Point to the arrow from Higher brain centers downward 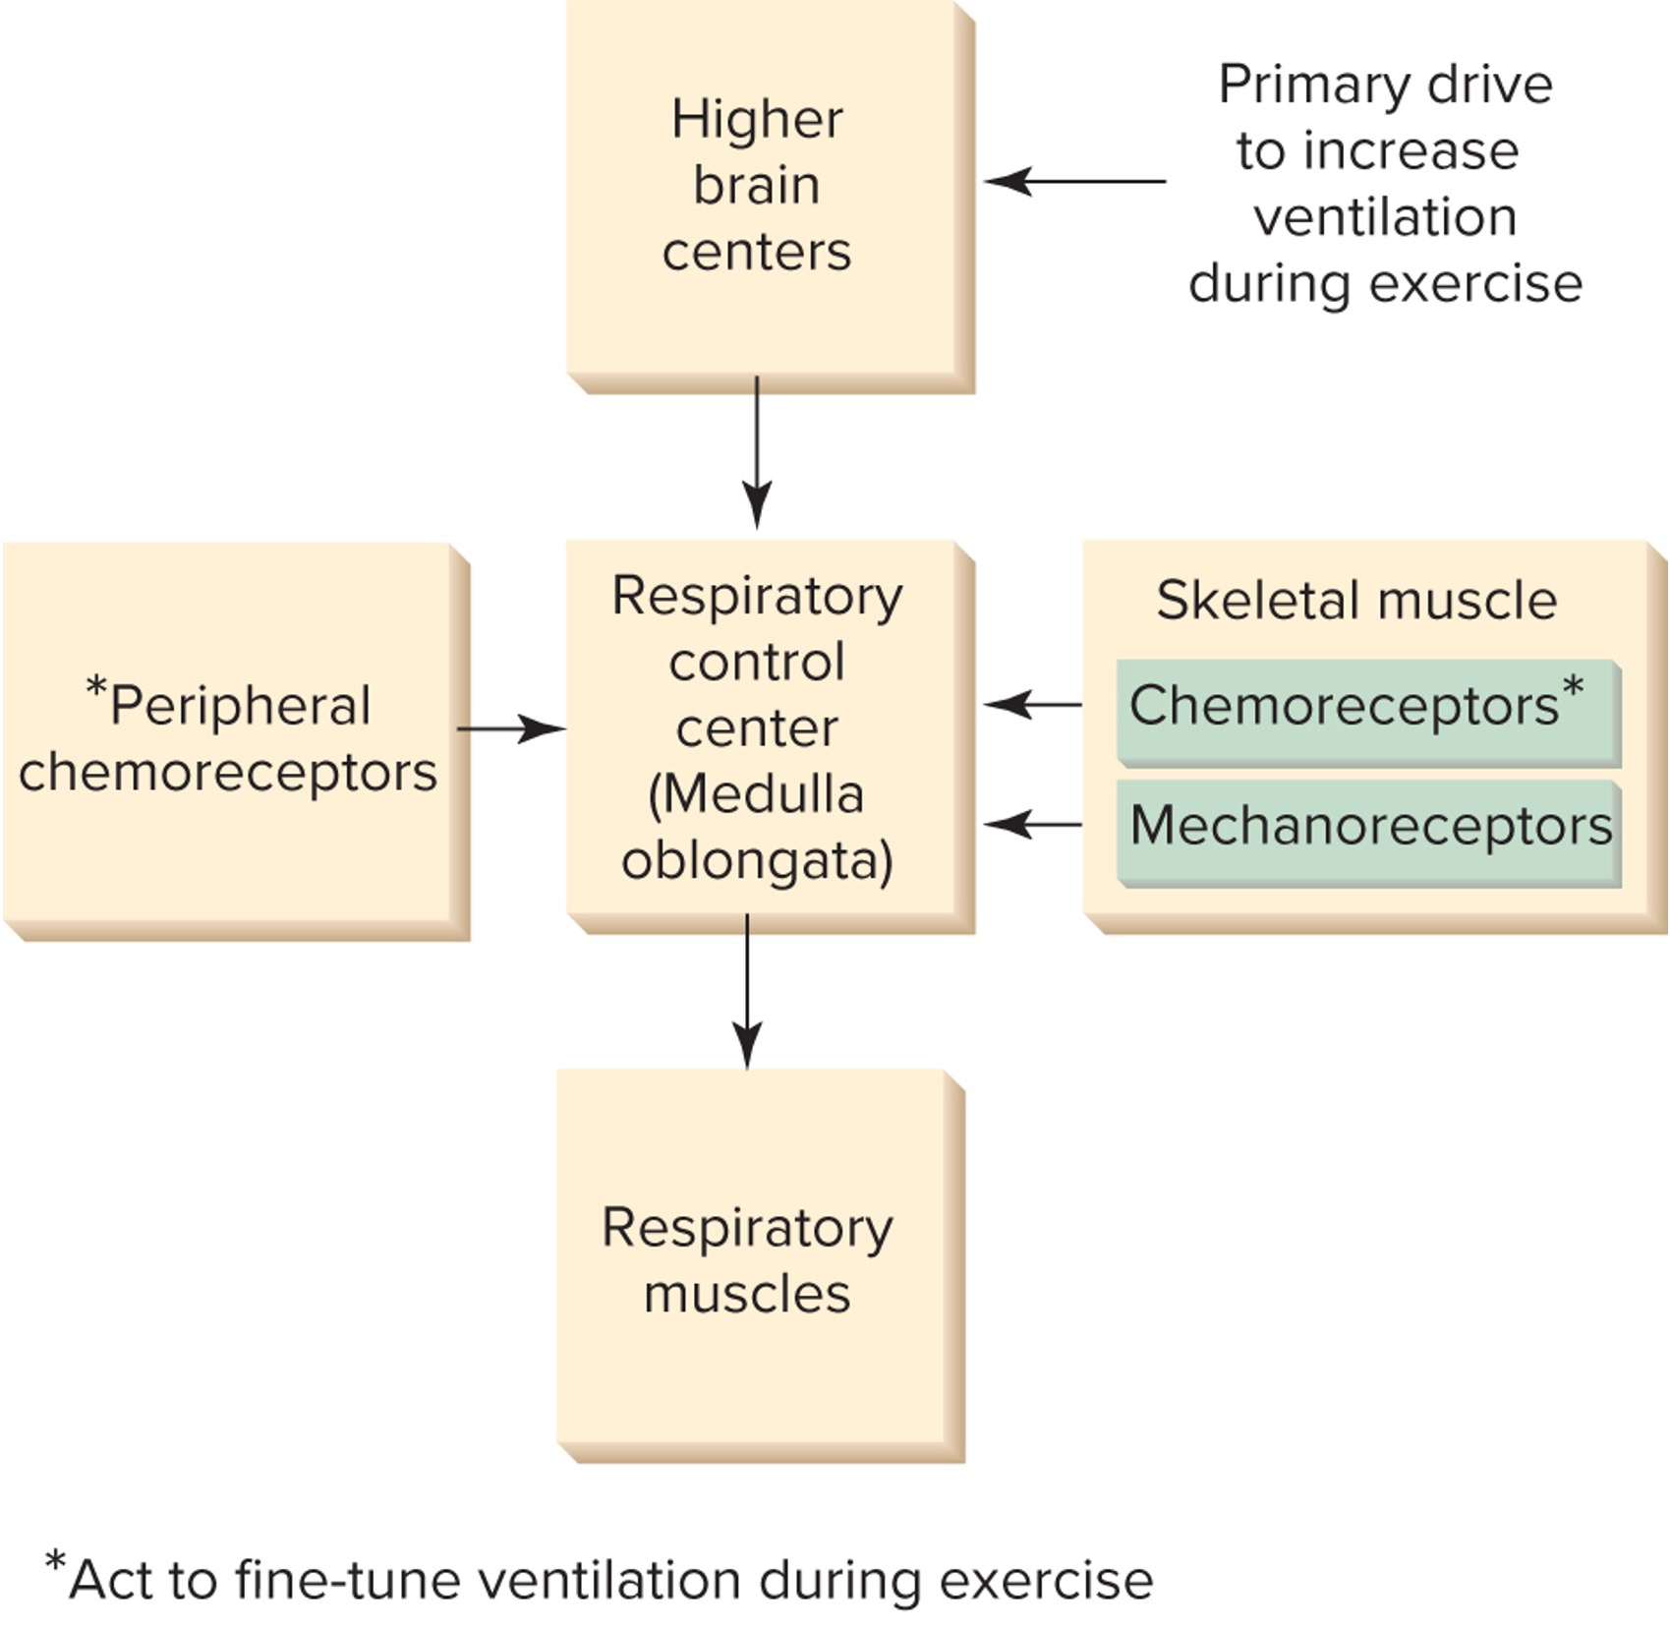(757, 452)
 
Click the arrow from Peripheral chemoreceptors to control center (511, 729)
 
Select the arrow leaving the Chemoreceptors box (1032, 705)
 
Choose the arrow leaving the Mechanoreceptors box (1032, 825)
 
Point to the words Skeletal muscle (1356, 600)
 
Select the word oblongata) (757, 861)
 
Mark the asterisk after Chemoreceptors (1573, 685)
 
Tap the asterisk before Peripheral (95, 686)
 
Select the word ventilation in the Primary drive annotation (1385, 217)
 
